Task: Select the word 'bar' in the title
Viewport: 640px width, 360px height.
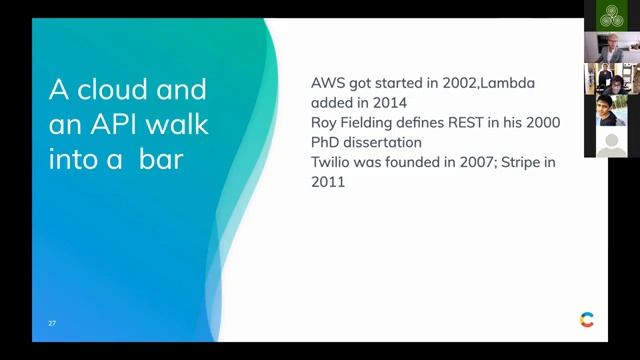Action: tap(161, 158)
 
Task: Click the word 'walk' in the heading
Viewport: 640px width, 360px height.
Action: tap(181, 124)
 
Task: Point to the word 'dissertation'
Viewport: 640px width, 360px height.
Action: tap(388, 143)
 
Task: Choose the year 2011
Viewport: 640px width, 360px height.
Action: tap(329, 182)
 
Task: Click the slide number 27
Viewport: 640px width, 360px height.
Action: tap(52, 324)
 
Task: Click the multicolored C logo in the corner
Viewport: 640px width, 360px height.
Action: tap(586, 320)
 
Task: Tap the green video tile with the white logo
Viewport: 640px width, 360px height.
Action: tap(611, 15)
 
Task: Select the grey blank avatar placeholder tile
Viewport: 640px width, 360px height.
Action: tap(611, 142)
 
